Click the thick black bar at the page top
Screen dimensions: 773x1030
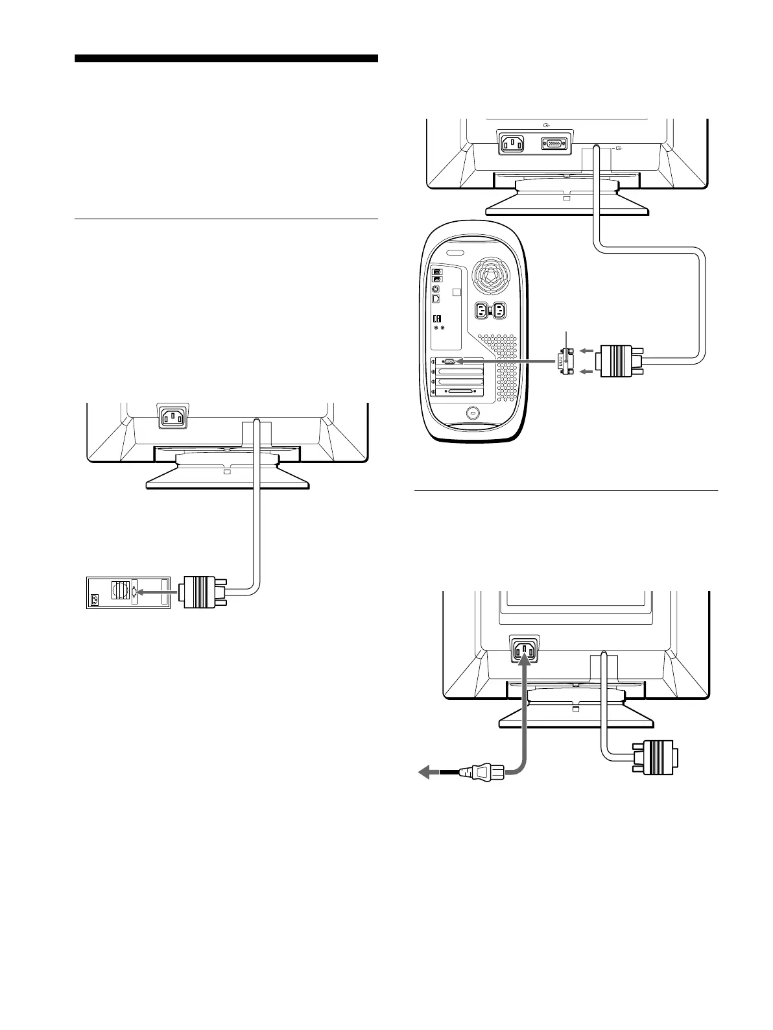226,58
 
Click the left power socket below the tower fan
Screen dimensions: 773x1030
483,311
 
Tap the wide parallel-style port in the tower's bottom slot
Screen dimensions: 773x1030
461,392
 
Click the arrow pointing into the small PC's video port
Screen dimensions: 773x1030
158,592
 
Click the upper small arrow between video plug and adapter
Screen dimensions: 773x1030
586,351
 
